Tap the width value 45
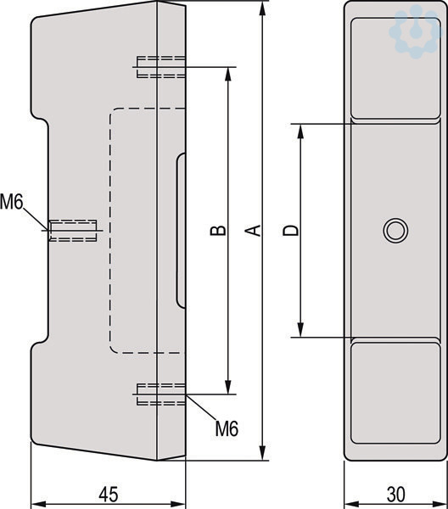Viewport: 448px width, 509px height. [109, 495]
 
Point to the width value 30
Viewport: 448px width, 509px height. [395, 495]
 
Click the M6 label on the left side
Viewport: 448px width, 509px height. [12, 202]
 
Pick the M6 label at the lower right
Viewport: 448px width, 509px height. [227, 428]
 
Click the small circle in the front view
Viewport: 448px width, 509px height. [395, 230]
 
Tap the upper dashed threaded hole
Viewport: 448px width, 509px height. [161, 67]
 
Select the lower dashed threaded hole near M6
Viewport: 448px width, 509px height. [161, 394]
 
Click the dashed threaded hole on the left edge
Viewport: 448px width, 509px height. [73, 231]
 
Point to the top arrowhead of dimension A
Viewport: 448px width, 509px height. [263, 8]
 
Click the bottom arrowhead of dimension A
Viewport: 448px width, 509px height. [263, 452]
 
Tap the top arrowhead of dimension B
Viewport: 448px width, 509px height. [228, 75]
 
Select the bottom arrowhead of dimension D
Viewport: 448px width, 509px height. [301, 330]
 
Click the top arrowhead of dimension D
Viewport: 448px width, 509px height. [301, 131]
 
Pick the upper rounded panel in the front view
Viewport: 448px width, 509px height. [395, 68]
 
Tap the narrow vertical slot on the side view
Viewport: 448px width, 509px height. [181, 230]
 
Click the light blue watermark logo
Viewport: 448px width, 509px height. [417, 32]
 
